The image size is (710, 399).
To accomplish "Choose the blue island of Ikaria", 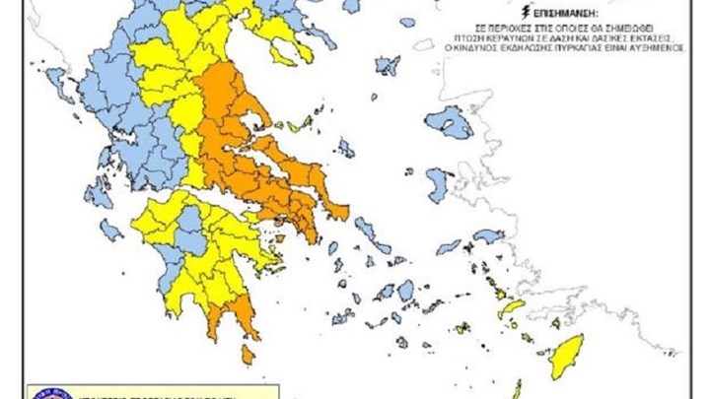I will click(x=449, y=246).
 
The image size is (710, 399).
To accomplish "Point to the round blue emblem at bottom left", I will click(x=49, y=392).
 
